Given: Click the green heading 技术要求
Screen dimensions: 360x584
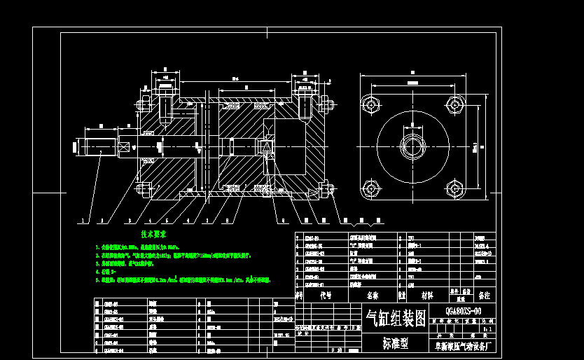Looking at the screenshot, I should [153, 234].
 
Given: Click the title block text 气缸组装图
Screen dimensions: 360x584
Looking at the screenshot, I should [396, 319].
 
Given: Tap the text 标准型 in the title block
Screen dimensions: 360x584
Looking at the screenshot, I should [396, 343].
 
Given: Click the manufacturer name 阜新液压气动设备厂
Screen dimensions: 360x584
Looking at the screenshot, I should [463, 345].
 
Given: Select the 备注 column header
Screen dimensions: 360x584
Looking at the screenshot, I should [484, 296].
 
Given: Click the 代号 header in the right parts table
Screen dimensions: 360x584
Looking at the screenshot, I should [326, 296].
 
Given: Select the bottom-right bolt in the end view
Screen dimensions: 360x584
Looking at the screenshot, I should [454, 188].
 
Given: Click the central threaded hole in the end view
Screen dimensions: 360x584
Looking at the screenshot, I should [412, 146].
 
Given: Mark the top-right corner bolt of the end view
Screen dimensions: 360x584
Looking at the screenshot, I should [454, 105].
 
